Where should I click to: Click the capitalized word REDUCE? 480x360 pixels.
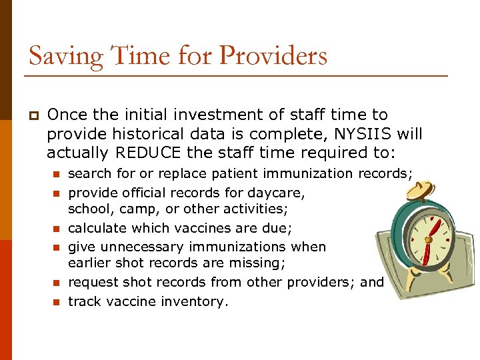coord(149,153)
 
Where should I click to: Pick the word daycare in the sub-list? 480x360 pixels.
coord(279,193)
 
